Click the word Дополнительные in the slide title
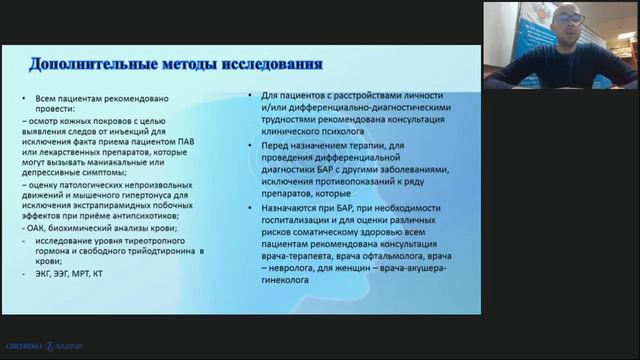pos(87,65)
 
